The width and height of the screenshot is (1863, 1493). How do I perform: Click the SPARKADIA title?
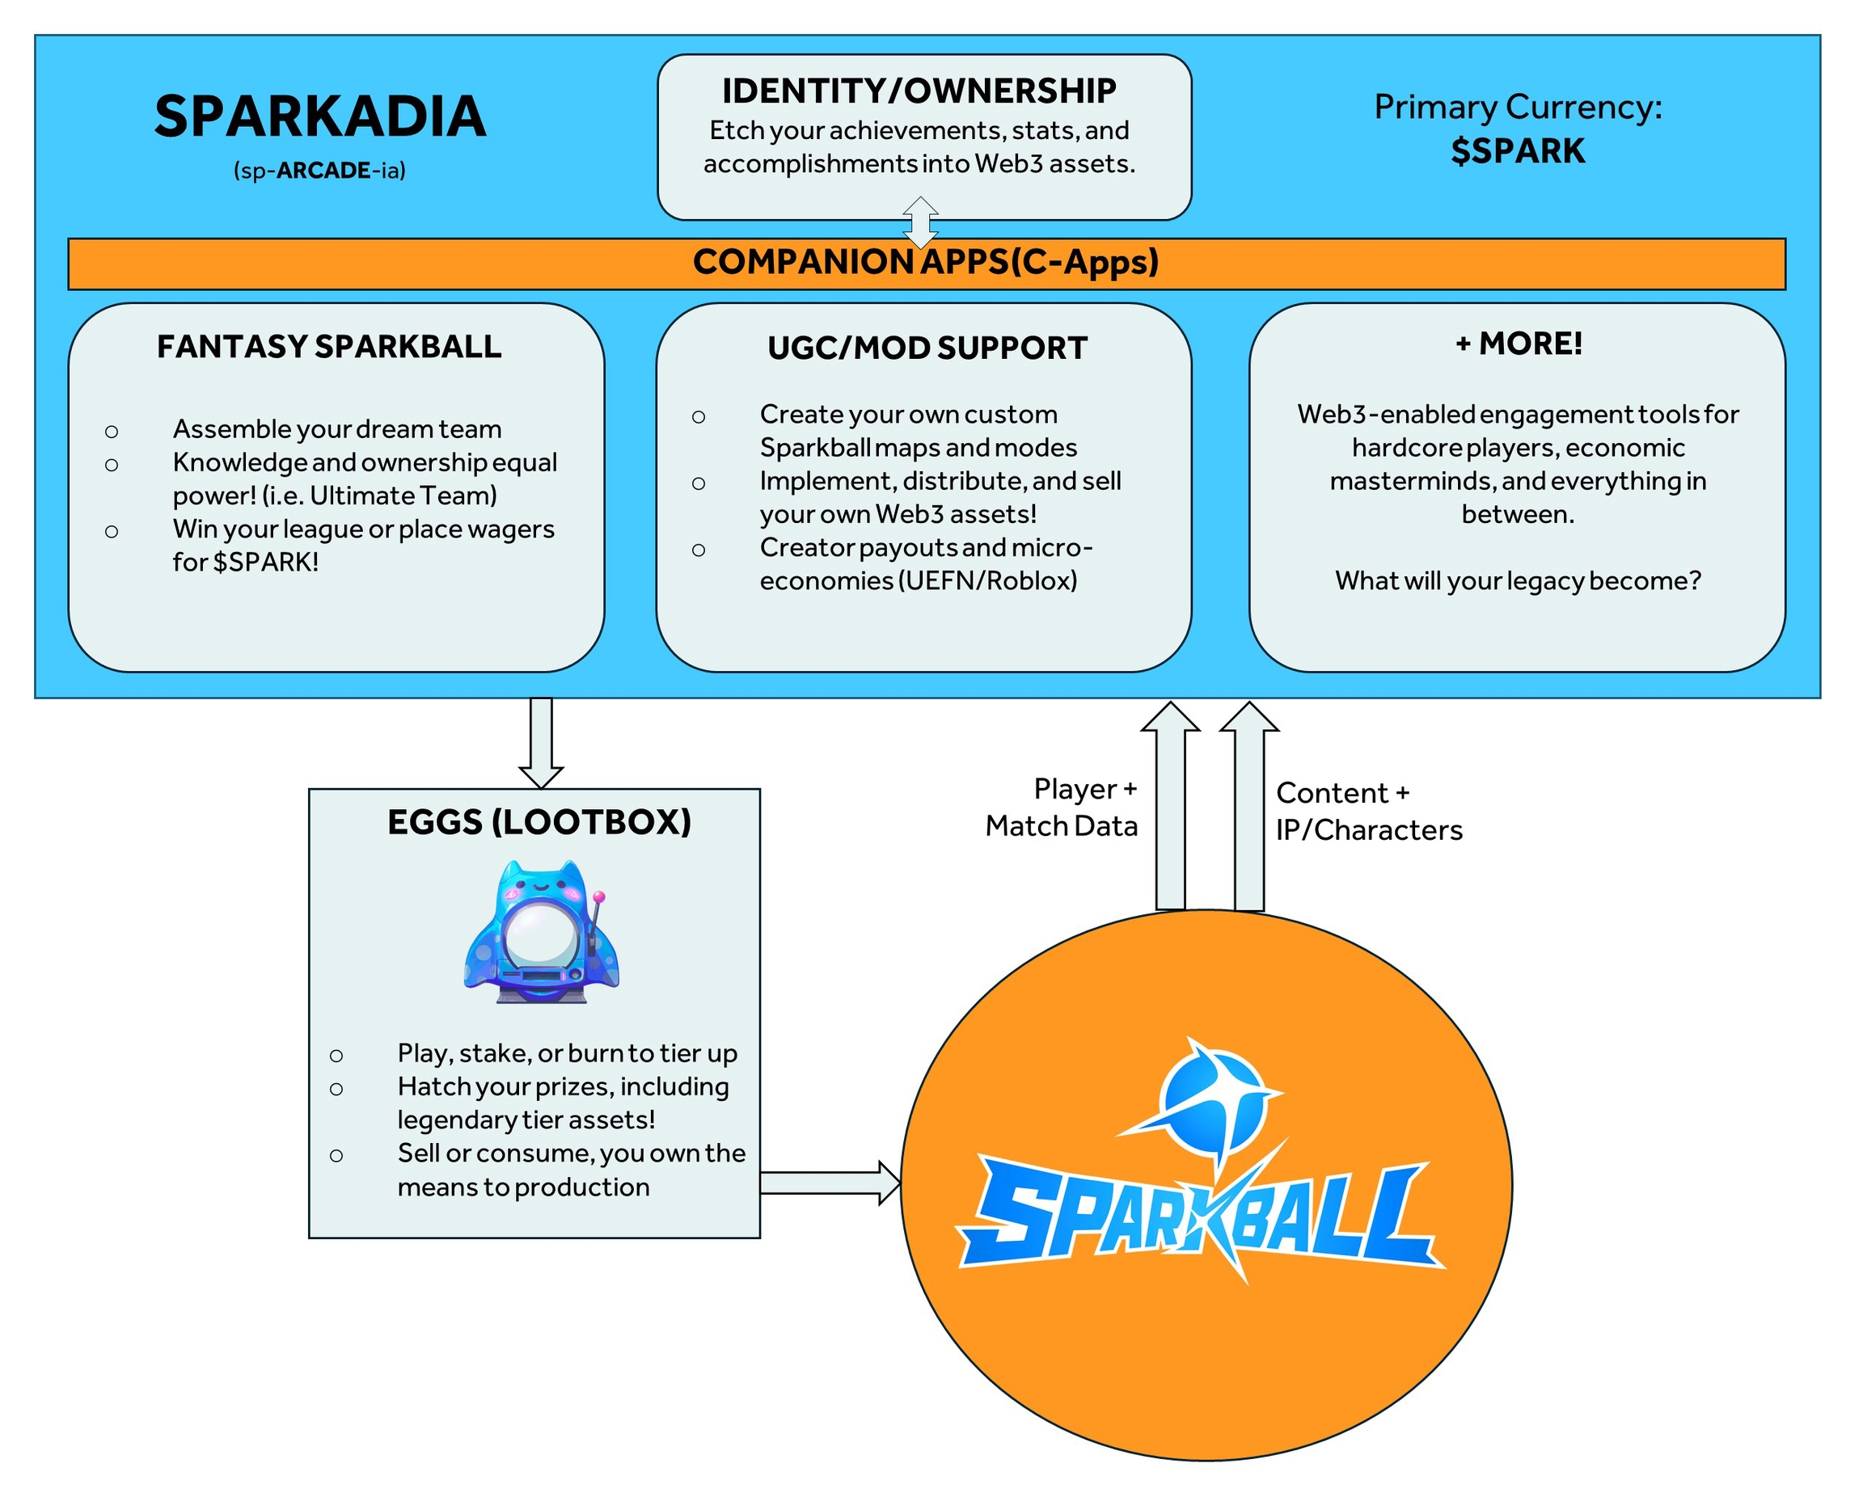(x=319, y=116)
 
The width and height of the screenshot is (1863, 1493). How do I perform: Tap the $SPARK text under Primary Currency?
(x=1518, y=151)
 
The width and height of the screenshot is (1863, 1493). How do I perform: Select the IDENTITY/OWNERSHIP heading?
(x=919, y=91)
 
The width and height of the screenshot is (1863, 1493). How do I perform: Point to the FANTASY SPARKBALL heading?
(x=329, y=347)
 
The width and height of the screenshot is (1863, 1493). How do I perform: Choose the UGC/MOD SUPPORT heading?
(x=927, y=348)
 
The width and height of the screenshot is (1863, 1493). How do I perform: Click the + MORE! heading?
(x=1519, y=344)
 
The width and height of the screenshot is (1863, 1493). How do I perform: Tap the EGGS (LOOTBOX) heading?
(x=539, y=821)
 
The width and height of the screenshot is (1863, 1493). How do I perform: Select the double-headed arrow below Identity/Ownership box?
(x=920, y=223)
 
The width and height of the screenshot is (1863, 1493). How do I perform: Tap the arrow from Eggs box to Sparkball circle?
(x=830, y=1183)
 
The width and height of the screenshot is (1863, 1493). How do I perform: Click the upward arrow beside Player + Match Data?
(x=1171, y=803)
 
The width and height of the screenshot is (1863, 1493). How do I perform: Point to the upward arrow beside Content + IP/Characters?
(x=1249, y=803)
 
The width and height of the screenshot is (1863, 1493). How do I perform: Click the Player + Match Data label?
(x=1062, y=808)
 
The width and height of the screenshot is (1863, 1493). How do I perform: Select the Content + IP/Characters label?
(x=1369, y=812)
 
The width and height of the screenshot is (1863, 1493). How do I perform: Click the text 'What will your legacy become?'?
(x=1518, y=580)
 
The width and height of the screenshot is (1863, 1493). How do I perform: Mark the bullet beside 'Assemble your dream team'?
(x=112, y=431)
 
